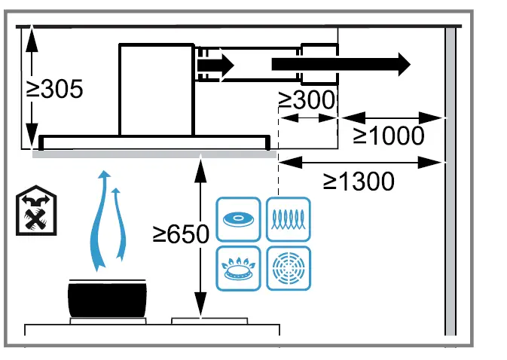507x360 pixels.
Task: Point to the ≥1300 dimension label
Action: click(359, 181)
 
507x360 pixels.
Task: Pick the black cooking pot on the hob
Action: click(106, 299)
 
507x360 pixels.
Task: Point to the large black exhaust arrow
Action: click(341, 63)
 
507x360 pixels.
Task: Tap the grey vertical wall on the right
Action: click(450, 181)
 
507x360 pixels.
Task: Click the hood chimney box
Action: click(156, 89)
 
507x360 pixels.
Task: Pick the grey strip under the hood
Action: click(154, 154)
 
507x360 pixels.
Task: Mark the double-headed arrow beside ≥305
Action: click(29, 87)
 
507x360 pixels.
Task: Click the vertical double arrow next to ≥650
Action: click(200, 236)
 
